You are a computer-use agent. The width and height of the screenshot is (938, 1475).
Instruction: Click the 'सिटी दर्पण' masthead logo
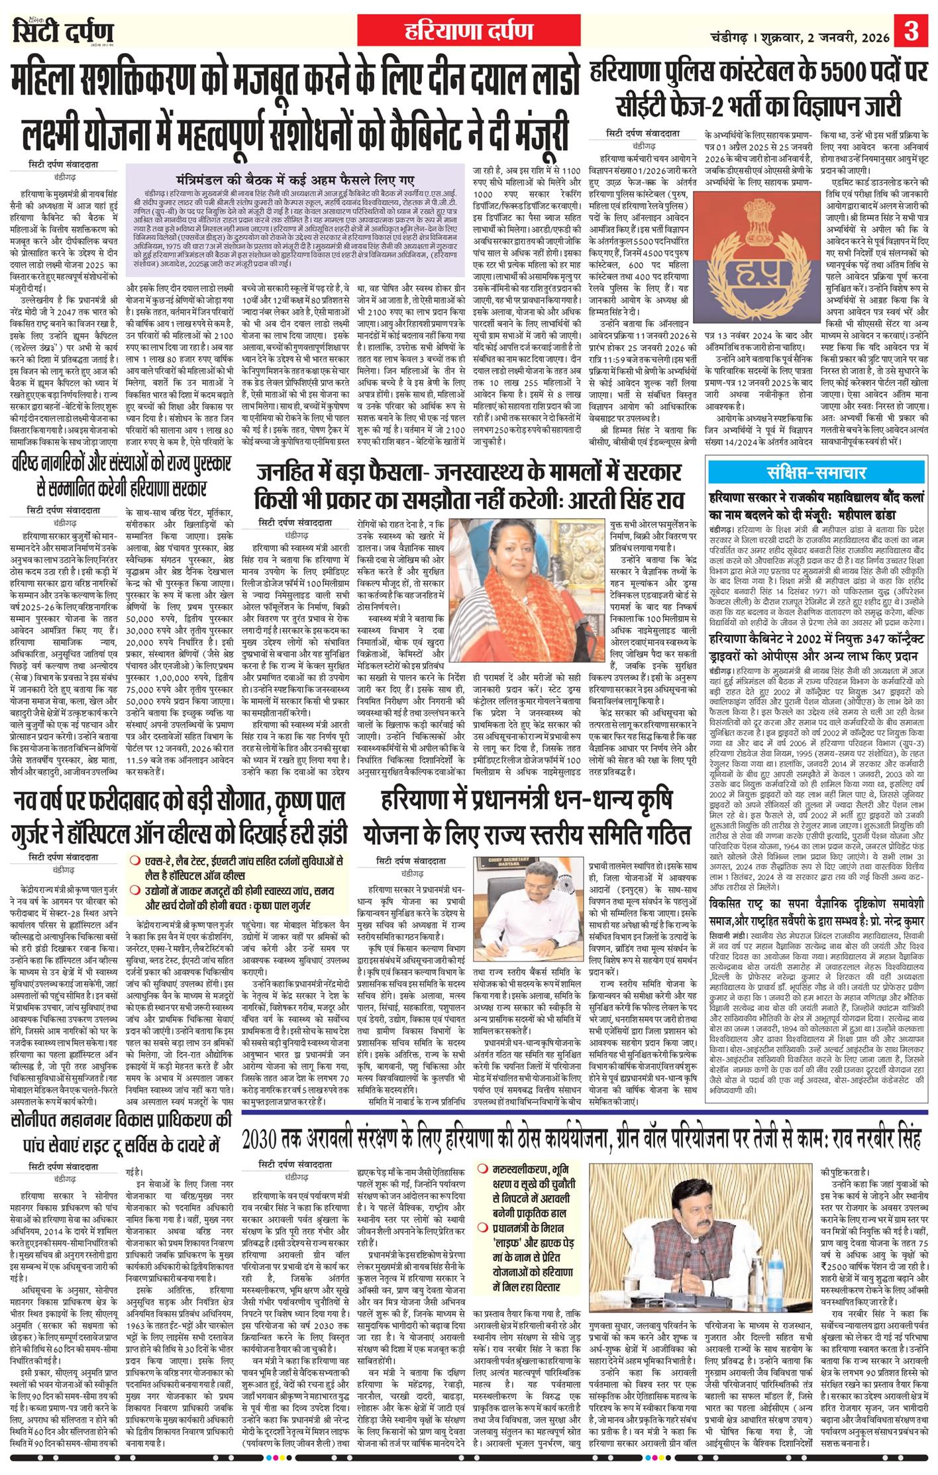pos(64,32)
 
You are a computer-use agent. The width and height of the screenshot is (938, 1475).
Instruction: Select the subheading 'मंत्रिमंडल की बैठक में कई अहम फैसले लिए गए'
pos(295,179)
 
